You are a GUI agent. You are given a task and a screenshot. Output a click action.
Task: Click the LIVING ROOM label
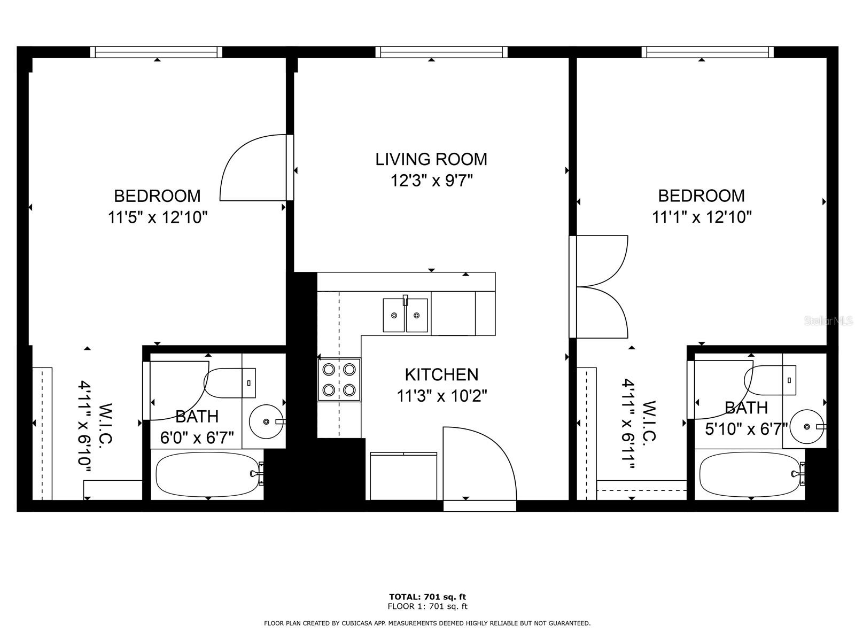tap(431, 159)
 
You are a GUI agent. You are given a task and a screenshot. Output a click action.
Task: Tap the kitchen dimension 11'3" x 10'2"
tap(441, 396)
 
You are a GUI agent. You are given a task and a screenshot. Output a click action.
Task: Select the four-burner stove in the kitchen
tap(339, 379)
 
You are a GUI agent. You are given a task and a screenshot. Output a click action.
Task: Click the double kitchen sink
tap(405, 315)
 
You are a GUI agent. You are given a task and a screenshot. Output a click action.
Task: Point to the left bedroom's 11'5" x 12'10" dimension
tap(157, 217)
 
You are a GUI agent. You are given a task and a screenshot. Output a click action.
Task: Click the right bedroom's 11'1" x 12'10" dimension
tap(702, 217)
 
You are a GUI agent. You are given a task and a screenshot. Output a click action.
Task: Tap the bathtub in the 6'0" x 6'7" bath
tap(207, 474)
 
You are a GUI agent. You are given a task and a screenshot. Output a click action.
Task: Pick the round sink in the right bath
tap(807, 426)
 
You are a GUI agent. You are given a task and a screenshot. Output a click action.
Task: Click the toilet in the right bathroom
tap(770, 380)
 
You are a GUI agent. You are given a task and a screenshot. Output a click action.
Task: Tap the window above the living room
tap(441, 52)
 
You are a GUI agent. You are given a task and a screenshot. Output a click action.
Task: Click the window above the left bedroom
tap(156, 52)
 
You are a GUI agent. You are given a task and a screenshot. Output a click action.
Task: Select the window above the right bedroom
tap(708, 52)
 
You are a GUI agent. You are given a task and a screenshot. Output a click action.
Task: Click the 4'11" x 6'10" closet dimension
tap(92, 426)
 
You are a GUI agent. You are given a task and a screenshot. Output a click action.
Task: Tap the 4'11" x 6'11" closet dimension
tap(635, 425)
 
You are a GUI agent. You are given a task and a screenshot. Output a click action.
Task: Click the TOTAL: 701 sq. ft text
tap(428, 597)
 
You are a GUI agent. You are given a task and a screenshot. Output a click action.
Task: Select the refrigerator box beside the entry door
tap(403, 476)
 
